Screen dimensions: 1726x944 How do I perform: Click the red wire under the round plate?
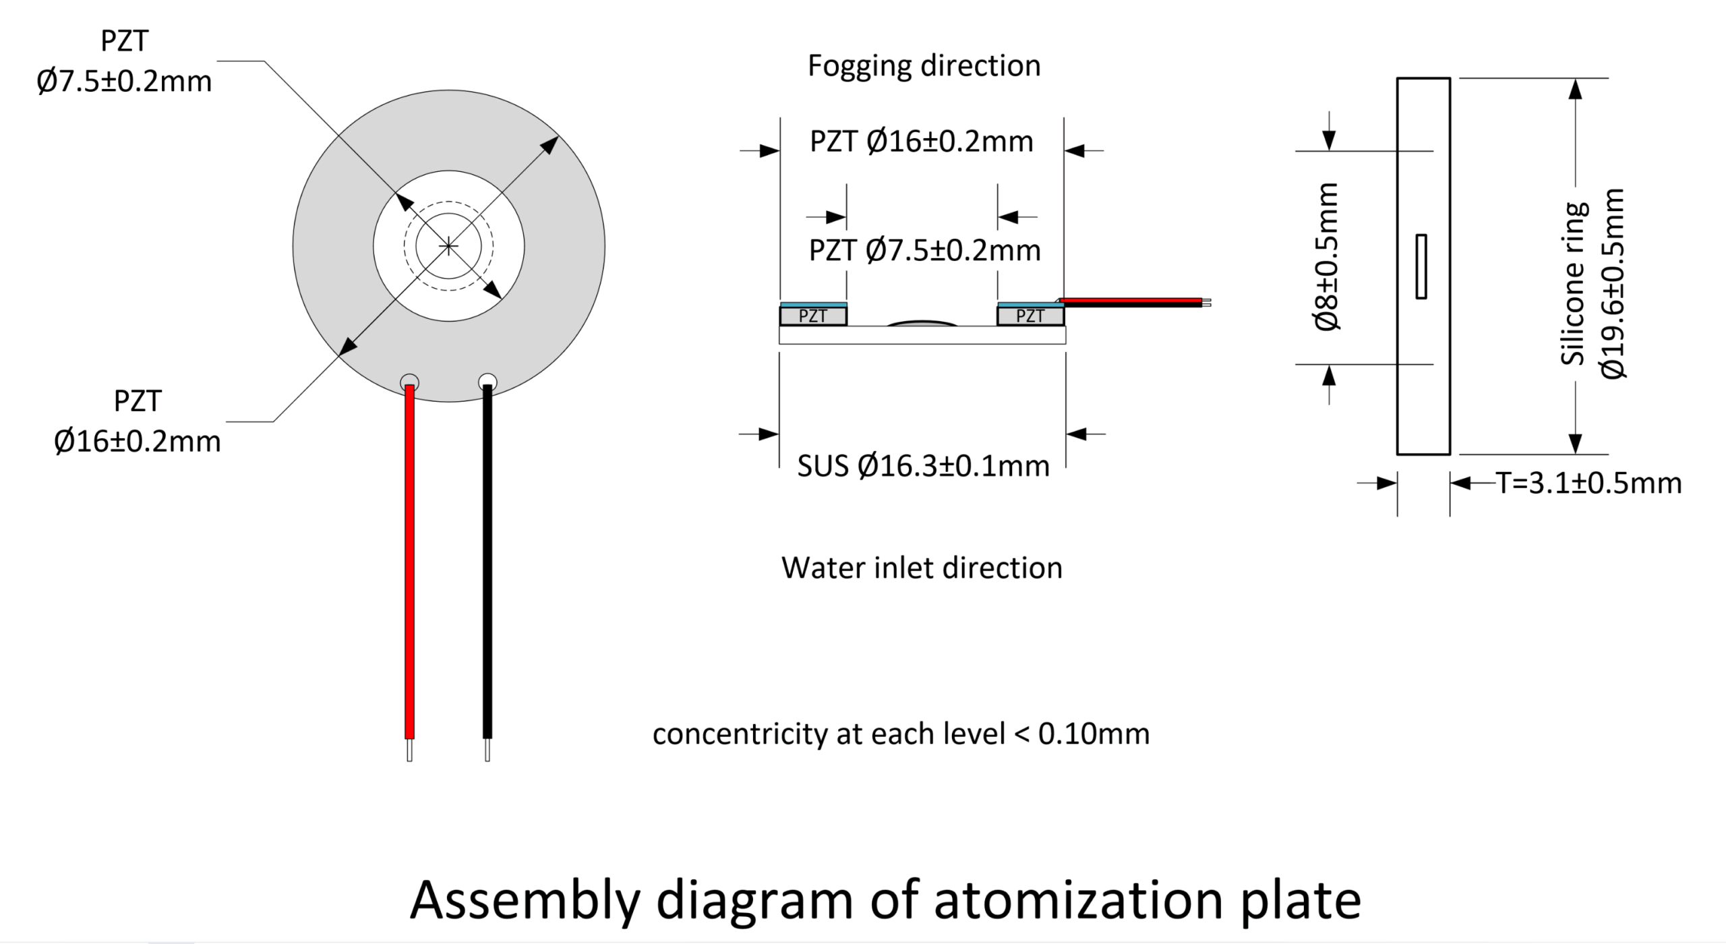coord(409,562)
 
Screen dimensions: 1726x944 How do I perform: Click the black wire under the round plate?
coord(487,562)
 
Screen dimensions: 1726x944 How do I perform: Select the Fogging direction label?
coord(924,66)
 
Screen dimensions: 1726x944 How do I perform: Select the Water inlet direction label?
coord(922,568)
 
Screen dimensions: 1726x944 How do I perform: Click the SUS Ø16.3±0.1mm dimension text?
coord(924,466)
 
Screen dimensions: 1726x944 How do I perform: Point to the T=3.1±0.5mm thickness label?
coord(1589,483)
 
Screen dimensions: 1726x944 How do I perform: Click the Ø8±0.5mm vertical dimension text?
coord(1327,256)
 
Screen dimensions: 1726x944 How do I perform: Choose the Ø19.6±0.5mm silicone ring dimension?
coord(1613,284)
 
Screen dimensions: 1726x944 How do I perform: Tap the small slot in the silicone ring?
coord(1421,266)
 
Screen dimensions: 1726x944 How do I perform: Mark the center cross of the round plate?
coord(448,246)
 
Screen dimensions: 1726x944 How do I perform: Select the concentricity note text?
coord(901,734)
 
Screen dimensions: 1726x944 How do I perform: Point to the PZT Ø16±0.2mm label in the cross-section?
coord(922,142)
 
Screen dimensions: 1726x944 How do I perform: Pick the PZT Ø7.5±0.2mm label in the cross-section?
coord(925,250)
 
